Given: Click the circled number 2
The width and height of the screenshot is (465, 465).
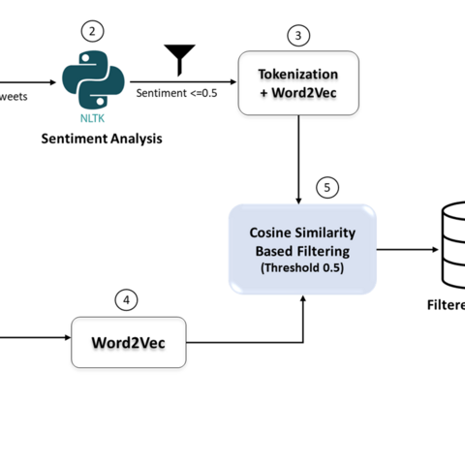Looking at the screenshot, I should (92, 30).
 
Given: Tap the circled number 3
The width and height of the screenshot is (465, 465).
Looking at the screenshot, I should (298, 36).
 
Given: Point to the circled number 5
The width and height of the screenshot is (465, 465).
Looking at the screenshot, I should (328, 186).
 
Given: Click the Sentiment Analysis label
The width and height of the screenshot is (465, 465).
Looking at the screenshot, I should (101, 139).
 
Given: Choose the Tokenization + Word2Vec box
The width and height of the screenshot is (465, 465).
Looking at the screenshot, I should (298, 83).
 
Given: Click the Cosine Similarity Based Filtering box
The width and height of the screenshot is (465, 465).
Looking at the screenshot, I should (301, 248).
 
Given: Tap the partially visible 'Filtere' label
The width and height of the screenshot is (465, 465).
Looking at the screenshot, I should (447, 304).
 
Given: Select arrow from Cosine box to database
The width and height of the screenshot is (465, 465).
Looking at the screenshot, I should (406, 249).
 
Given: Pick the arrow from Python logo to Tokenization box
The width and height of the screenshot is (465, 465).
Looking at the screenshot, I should (184, 81).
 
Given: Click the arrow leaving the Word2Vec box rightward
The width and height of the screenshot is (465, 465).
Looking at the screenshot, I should (247, 341).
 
